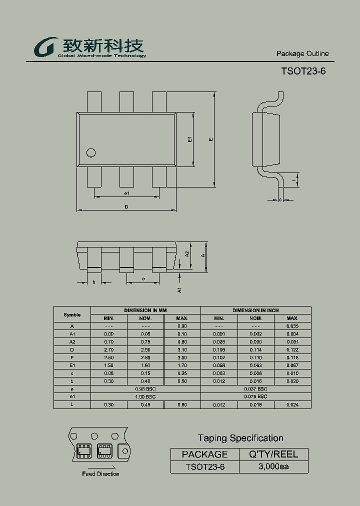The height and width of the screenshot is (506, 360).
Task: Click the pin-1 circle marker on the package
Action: point(90,152)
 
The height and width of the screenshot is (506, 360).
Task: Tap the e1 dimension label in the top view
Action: point(127,193)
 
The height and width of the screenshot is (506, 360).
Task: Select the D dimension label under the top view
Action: point(126,206)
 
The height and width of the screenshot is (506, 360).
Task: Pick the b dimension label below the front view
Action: point(94,281)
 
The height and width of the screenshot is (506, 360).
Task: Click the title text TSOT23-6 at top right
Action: point(303,71)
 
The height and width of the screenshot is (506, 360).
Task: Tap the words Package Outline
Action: point(302,53)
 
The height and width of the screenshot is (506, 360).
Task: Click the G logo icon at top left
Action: point(45,47)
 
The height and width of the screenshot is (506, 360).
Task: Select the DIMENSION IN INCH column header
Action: point(255,310)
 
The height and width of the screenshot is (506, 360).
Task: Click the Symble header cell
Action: point(72,314)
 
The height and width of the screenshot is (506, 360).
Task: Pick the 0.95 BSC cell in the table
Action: point(145,388)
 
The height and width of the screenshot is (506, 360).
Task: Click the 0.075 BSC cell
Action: point(255,396)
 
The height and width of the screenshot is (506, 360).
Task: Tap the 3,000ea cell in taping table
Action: point(273,467)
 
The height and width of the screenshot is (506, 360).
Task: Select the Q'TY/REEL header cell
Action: point(273,454)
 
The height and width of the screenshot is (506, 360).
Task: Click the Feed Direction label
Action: point(100,474)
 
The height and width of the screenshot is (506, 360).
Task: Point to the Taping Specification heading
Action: point(240,438)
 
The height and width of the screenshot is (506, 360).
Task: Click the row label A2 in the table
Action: point(72,341)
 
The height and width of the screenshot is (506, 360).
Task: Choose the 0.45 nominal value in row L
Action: point(145,404)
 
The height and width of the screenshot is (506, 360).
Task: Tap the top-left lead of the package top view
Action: point(94,102)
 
